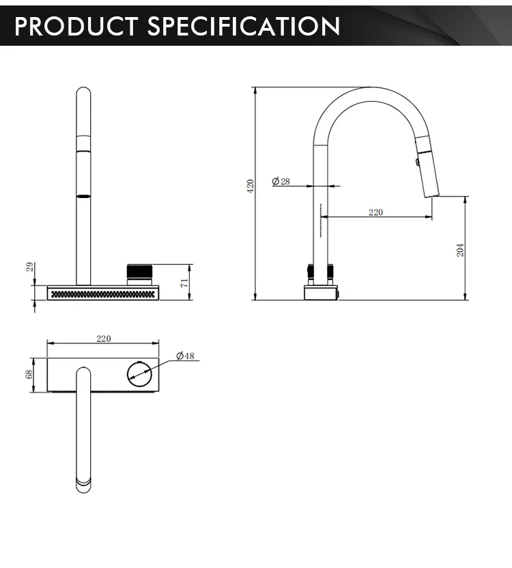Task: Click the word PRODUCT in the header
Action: pyautogui.click(x=76, y=26)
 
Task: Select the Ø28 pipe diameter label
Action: pyautogui.click(x=281, y=181)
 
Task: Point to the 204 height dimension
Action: pyautogui.click(x=459, y=250)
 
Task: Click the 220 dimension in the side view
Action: pyautogui.click(x=375, y=212)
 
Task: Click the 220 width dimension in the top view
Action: pyautogui.click(x=103, y=339)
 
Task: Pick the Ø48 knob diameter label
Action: pyautogui.click(x=185, y=356)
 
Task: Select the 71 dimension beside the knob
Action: pyautogui.click(x=184, y=282)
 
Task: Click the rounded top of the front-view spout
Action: pyautogui.click(x=83, y=93)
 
